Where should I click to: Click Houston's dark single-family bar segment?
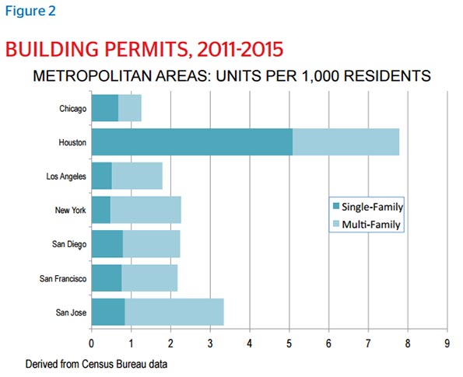[x=192, y=142]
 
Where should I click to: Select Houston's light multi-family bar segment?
[x=345, y=142]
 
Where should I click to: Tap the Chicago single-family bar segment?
[x=105, y=108]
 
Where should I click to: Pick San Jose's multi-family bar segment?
[x=174, y=312]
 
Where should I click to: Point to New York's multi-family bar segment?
[x=146, y=210]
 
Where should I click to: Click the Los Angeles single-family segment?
[x=102, y=176]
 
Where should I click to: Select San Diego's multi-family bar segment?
[x=151, y=243]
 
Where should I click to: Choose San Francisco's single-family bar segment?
[x=107, y=278]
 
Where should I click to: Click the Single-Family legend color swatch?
[x=336, y=206]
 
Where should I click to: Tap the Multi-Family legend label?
[x=371, y=225]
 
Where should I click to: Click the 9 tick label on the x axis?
[x=447, y=343]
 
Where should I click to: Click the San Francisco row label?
[x=63, y=278]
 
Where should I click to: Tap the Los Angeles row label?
[x=66, y=176]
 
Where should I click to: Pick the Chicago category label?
[x=73, y=109]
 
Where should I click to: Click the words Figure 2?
[x=30, y=11]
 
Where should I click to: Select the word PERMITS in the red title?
[x=147, y=49]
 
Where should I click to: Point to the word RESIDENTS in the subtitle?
[x=387, y=76]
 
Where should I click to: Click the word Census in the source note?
[x=98, y=364]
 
